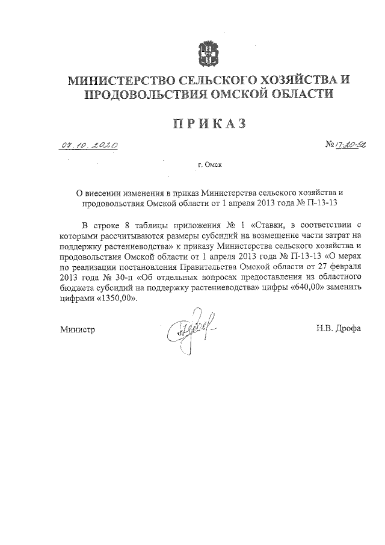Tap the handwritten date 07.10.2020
(88, 145)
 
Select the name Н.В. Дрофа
(336, 329)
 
